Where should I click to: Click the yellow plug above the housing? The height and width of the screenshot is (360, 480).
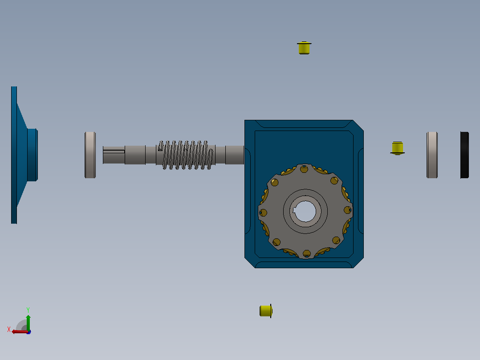click(x=304, y=48)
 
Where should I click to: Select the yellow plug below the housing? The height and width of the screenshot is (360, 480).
click(x=266, y=311)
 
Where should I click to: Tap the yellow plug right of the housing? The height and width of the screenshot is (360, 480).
click(x=397, y=148)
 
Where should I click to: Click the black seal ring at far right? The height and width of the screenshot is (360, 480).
click(x=465, y=155)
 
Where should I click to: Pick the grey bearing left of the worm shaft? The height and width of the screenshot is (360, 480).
click(x=90, y=155)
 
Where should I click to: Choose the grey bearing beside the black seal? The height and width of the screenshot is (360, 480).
click(x=432, y=155)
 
